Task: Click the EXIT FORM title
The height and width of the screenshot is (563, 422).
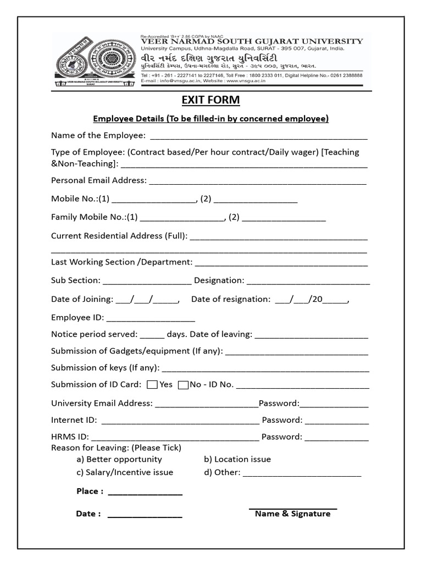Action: (x=210, y=100)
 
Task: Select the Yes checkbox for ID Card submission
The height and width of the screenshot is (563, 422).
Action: (x=153, y=385)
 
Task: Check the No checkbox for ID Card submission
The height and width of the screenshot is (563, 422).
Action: (x=184, y=385)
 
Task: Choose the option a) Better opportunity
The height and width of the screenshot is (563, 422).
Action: (x=119, y=459)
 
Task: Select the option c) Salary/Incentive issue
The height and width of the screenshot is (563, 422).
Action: (x=125, y=472)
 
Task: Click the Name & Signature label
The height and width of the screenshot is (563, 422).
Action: (x=292, y=514)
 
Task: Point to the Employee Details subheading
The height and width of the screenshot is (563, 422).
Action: (x=210, y=119)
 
